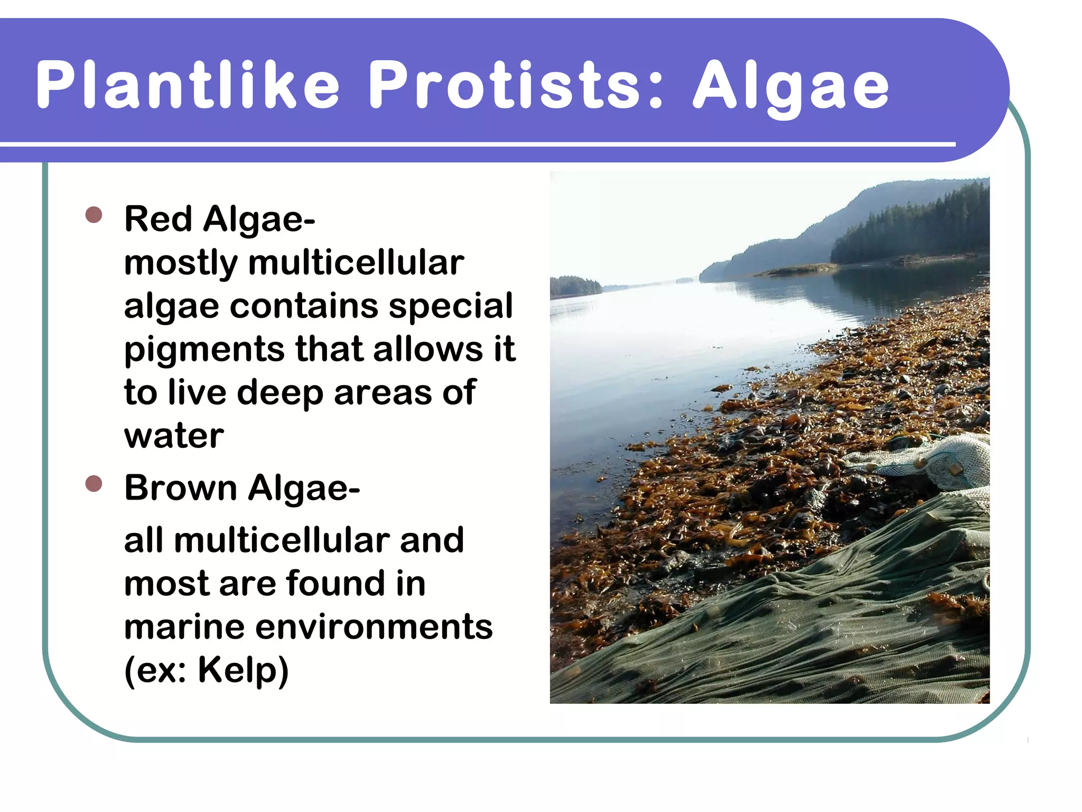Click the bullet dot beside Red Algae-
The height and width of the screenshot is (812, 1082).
tap(94, 215)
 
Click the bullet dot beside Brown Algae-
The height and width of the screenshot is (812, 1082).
tap(94, 483)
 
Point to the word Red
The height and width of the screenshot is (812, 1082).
tap(158, 219)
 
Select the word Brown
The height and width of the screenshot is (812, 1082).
tap(181, 487)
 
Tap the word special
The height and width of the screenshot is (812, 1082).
tap(450, 307)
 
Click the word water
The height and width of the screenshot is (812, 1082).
tap(174, 436)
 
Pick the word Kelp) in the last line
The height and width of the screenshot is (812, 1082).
tap(243, 670)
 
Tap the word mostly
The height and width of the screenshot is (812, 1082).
tap(181, 263)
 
